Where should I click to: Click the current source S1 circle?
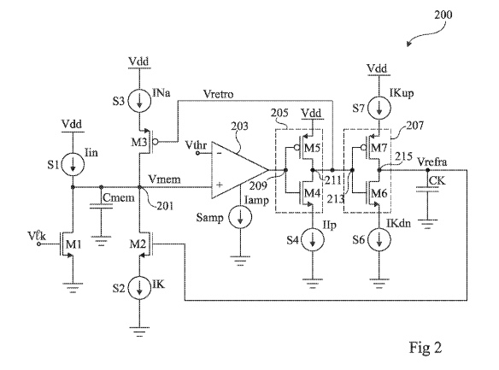73,164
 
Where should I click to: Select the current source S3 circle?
139,101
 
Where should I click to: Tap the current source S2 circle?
139,288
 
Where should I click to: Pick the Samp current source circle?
240,217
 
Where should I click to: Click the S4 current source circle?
313,240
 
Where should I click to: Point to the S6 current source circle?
379,240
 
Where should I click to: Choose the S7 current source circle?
379,108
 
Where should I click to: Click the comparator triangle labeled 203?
239,170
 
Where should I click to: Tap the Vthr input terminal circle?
197,153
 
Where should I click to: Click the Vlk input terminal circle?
39,244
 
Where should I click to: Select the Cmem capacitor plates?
101,207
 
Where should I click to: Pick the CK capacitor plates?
427,190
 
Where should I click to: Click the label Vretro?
219,94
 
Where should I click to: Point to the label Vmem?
165,179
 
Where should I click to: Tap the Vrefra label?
431,162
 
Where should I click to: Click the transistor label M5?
312,148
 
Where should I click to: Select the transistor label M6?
379,193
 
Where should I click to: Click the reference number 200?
443,15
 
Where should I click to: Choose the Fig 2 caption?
426,347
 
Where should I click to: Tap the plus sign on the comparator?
220,185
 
